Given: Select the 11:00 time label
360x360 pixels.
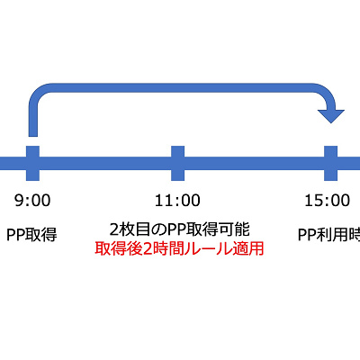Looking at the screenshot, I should click(x=178, y=200).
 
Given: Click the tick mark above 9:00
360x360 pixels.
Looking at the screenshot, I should click(x=34, y=163).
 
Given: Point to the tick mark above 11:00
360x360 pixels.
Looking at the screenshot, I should click(x=178, y=163).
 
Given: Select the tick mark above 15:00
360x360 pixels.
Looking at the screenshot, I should click(x=332, y=163).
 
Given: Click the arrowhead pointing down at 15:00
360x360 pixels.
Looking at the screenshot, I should click(x=332, y=115).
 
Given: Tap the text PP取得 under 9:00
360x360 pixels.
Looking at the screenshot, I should click(x=31, y=234).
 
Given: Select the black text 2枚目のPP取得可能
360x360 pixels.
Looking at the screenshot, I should click(x=178, y=229).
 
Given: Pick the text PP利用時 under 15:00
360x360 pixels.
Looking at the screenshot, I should click(x=329, y=234).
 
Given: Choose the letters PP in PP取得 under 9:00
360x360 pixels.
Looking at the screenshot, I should click(x=16, y=234).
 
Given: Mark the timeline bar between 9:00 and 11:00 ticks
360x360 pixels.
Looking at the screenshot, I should click(x=106, y=163).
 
